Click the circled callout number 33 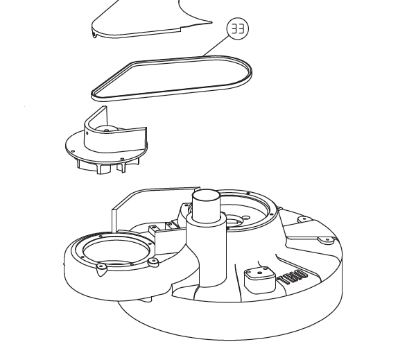coord(238,28)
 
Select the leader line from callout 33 coord(216,46)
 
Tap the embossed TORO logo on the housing coord(293,277)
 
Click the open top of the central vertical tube coord(206,196)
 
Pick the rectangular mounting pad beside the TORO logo coord(260,280)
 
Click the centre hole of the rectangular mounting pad coord(260,273)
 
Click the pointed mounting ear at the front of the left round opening coord(101,268)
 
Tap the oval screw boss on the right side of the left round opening coord(154,262)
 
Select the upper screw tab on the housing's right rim coord(304,219)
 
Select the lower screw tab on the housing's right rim coord(327,240)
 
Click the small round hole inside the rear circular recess coord(246,218)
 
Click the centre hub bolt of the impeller coord(107,130)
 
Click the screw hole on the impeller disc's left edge coord(73,151)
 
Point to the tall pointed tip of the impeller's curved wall coord(105,107)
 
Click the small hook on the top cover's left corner coord(94,35)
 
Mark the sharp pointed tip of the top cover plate coord(211,22)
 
